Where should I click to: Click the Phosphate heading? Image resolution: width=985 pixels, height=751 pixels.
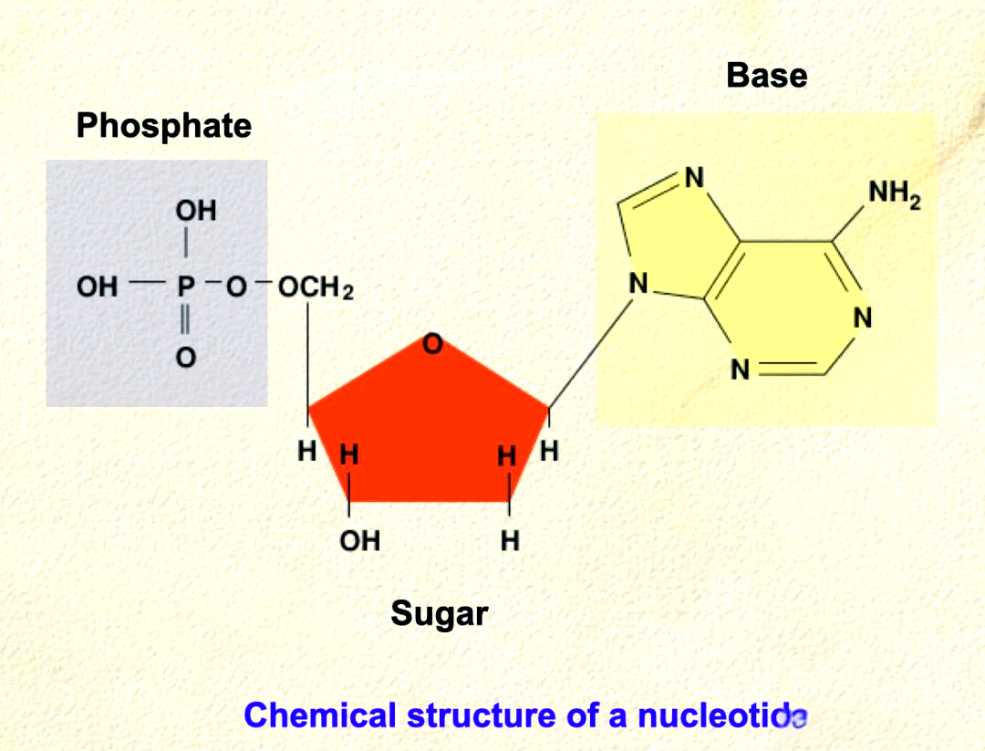[164, 126]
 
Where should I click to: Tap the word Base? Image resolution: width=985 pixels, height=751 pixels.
[766, 76]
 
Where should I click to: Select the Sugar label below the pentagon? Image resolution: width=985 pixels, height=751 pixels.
[439, 613]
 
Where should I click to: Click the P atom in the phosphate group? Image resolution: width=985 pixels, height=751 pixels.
[186, 287]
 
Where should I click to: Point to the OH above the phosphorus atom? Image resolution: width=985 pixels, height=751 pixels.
[196, 211]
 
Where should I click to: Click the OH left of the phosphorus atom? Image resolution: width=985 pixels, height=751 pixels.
[98, 287]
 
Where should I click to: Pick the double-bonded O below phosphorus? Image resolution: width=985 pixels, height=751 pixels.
[186, 358]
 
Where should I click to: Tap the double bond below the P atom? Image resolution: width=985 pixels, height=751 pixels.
[184, 320]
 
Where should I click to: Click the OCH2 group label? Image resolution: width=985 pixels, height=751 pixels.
[316, 287]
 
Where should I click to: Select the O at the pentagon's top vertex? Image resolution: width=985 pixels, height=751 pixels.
[432, 344]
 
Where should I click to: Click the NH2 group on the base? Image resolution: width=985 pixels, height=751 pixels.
[895, 193]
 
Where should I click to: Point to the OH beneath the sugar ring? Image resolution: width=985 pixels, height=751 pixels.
[360, 541]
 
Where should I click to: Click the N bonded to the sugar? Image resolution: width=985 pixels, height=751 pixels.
[638, 284]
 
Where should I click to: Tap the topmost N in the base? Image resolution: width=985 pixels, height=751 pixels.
[694, 178]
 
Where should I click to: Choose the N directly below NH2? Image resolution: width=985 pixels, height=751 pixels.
[863, 318]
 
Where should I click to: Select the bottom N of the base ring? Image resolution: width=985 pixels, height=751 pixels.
[740, 370]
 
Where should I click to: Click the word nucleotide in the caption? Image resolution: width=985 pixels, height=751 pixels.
[722, 715]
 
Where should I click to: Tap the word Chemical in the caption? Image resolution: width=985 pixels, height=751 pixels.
[320, 715]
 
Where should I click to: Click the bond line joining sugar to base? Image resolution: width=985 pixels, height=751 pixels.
[590, 354]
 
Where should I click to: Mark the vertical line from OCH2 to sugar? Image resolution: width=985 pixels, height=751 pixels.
[308, 356]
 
